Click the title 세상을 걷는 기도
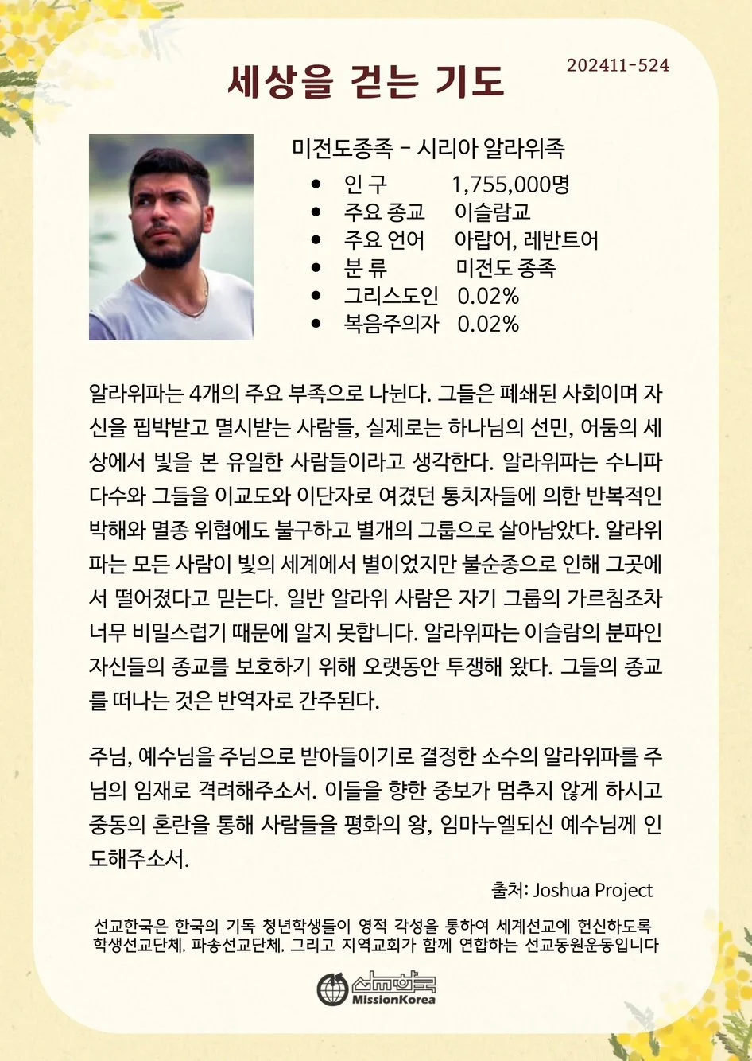pos(366,82)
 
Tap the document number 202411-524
pos(618,65)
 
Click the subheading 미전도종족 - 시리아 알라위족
pos(428,148)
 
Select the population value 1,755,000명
pos(511,185)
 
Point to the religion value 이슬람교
pos(493,212)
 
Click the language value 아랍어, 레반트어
pos(526,239)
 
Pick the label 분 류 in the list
pos(366,267)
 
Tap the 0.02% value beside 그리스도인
pos(488,296)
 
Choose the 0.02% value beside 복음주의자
pos(488,324)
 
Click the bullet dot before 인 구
pos(316,185)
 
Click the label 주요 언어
pos(384,239)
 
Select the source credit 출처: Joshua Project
pos(572,890)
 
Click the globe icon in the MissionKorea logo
pos(332,989)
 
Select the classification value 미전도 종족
pos(506,267)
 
